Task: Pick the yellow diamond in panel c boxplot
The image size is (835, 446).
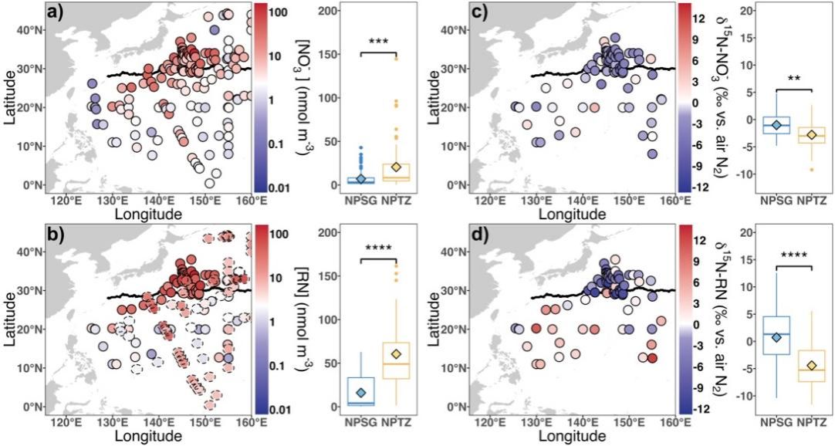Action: [x=818, y=135]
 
